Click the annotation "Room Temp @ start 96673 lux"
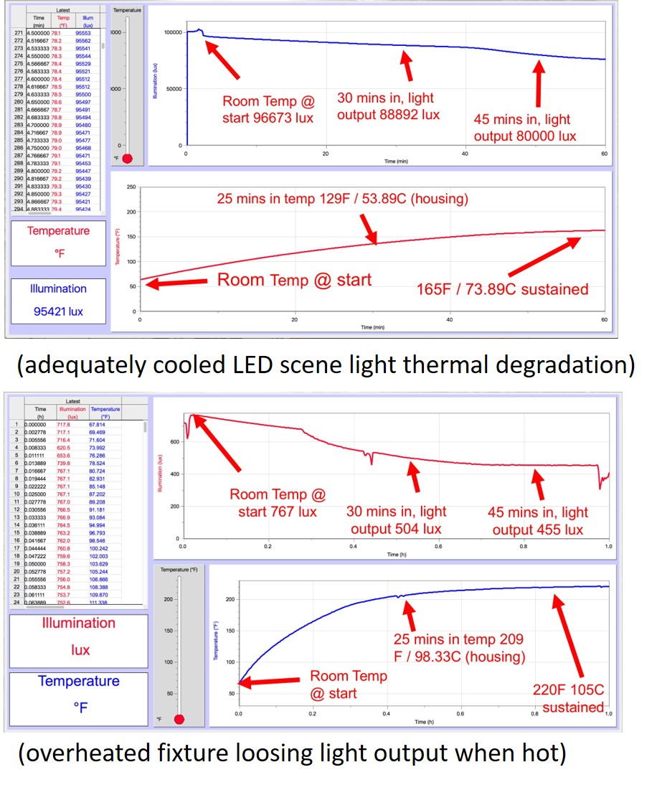[x=268, y=109]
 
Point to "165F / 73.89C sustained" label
[x=502, y=289]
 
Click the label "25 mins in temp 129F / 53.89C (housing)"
[x=342, y=198]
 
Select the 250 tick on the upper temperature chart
[x=131, y=187]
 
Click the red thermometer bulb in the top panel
[x=128, y=158]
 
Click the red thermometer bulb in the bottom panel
[x=179, y=719]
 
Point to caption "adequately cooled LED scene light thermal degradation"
[x=326, y=366]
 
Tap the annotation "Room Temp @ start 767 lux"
[x=277, y=503]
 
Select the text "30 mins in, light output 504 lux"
[x=396, y=520]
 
